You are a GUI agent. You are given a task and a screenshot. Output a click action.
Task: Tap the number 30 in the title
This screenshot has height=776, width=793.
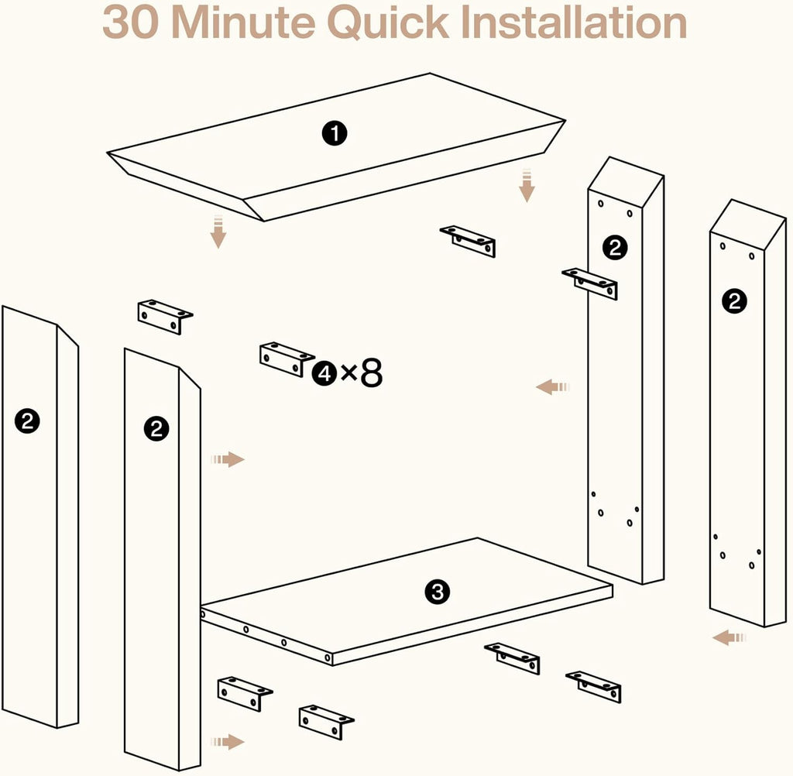(130, 22)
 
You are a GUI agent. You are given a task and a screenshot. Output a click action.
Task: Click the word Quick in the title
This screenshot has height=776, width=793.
(388, 23)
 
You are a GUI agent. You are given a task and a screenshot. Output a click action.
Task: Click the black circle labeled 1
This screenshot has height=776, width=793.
(335, 134)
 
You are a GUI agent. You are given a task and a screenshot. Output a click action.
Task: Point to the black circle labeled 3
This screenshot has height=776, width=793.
(438, 592)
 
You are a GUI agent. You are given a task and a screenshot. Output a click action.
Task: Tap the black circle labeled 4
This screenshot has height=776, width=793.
(324, 373)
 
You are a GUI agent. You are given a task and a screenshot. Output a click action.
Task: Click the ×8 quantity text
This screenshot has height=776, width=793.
(362, 373)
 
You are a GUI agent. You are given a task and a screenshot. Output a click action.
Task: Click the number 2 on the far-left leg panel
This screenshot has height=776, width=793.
(27, 421)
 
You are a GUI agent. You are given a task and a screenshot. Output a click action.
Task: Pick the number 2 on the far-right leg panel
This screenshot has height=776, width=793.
(734, 301)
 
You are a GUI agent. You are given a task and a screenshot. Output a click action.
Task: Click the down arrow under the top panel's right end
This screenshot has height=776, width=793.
(527, 185)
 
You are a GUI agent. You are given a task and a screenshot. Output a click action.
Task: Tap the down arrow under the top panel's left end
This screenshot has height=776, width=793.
(218, 232)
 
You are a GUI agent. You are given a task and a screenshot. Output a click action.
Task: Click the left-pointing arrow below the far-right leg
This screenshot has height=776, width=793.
(729, 637)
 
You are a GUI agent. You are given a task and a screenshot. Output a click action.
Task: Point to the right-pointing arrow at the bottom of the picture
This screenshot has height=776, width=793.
(228, 742)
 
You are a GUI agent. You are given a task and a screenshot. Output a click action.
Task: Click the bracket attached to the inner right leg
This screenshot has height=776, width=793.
(589, 283)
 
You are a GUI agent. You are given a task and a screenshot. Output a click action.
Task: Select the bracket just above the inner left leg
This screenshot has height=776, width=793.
(166, 317)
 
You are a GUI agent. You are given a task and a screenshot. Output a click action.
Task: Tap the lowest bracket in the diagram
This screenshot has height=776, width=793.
(327, 722)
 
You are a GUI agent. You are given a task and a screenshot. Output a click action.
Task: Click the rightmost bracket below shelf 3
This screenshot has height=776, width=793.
(594, 686)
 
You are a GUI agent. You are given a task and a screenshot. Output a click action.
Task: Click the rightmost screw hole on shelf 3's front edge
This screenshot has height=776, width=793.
(328, 658)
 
